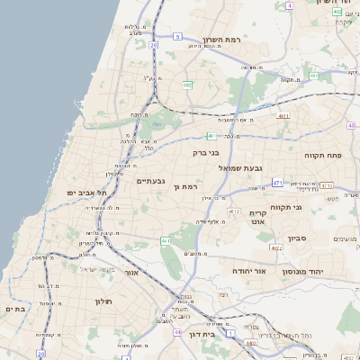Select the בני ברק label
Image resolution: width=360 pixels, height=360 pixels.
click(x=207, y=153)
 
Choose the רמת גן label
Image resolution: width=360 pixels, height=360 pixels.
click(x=187, y=186)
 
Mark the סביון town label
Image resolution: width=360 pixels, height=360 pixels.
click(x=298, y=238)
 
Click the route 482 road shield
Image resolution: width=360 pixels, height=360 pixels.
click(x=187, y=85)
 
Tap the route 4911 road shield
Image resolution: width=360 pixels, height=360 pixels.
click(x=283, y=116)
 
